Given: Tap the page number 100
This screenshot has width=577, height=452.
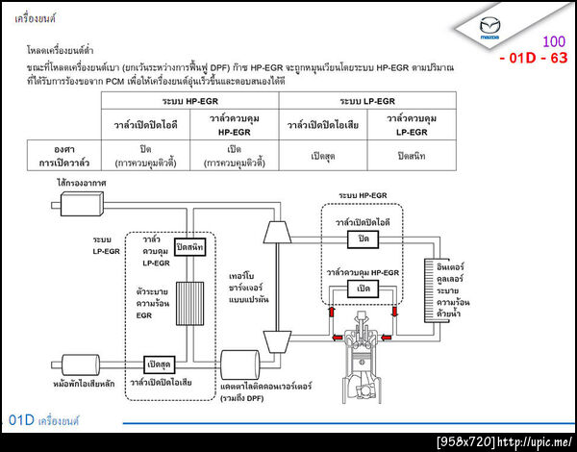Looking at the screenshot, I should (x=554, y=41).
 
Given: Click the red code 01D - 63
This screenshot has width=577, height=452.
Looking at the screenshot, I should (x=534, y=58).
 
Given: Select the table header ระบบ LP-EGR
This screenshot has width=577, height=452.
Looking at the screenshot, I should (x=367, y=100).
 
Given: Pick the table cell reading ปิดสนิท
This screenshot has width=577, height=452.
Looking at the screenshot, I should (x=414, y=155).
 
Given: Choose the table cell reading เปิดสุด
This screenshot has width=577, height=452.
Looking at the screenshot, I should (x=328, y=155).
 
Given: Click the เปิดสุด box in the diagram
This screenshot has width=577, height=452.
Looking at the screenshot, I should (x=160, y=364).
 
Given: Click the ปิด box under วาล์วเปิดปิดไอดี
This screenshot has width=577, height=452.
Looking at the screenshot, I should (x=364, y=239).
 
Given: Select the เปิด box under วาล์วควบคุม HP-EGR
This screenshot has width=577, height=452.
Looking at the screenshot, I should (x=364, y=289).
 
